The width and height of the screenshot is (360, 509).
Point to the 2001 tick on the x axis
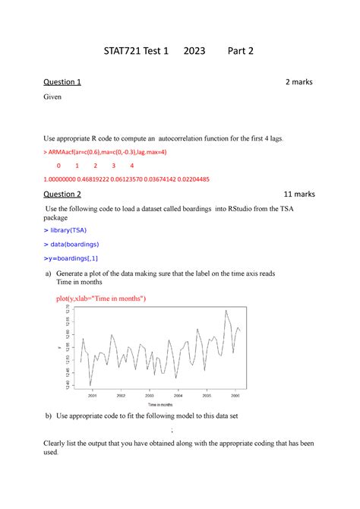[x=92, y=395]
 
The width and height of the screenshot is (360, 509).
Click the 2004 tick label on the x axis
[x=178, y=395]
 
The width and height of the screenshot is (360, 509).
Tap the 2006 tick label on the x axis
[x=235, y=395]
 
